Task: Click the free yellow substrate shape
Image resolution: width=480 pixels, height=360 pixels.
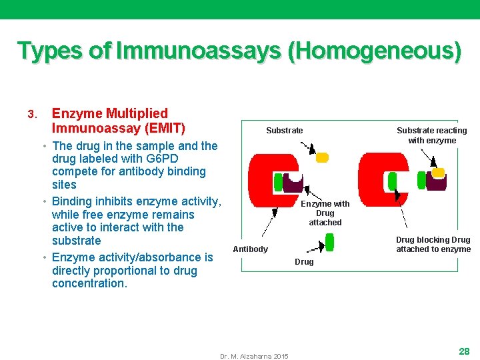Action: click(x=322, y=158)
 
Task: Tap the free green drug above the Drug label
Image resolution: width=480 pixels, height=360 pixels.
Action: click(x=329, y=243)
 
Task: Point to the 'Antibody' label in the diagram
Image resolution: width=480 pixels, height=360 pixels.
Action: click(x=250, y=249)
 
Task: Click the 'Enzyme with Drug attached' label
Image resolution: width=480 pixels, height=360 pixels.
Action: click(x=325, y=213)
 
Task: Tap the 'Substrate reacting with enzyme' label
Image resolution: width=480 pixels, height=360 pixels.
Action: click(x=431, y=135)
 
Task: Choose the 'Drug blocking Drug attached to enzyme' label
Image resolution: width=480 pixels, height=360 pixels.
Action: click(x=433, y=245)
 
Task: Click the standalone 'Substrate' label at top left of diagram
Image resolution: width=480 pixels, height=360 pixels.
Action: click(x=284, y=131)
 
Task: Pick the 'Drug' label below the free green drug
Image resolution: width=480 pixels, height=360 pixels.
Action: click(x=304, y=262)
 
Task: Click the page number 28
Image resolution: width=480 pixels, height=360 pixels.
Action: click(x=464, y=351)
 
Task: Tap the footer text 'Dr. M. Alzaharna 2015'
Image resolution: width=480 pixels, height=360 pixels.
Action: click(x=254, y=357)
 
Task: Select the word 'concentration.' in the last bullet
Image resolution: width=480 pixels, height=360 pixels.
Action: click(x=89, y=283)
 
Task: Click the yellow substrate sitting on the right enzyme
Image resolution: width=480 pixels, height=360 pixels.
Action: click(x=438, y=173)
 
